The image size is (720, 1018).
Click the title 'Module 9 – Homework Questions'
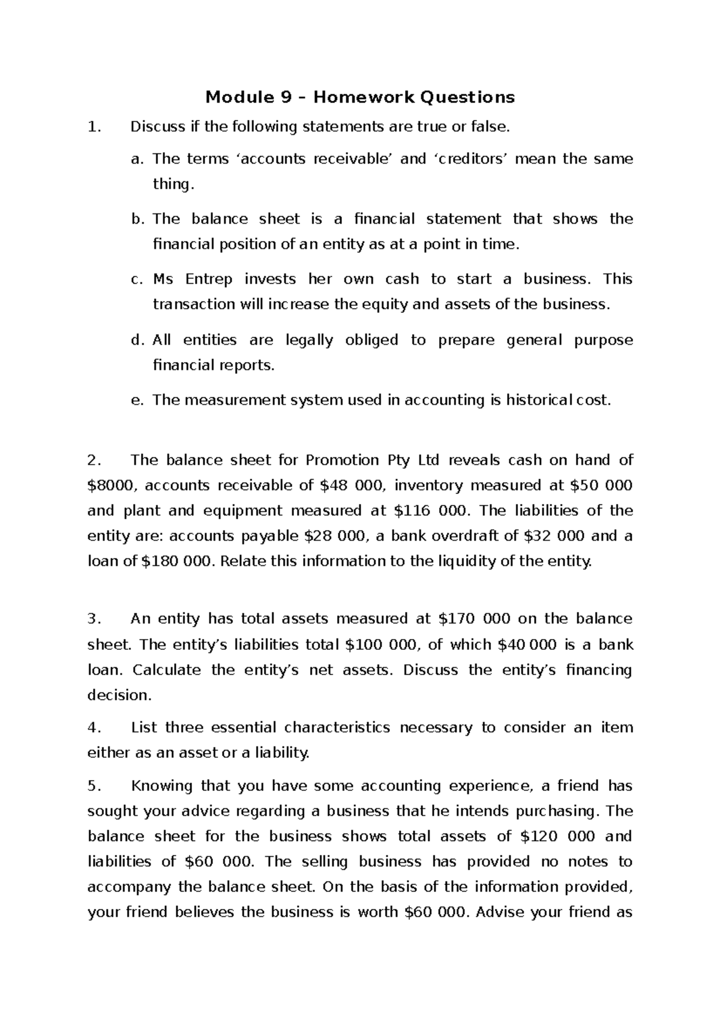tap(360, 97)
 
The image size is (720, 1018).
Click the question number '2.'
tap(93, 460)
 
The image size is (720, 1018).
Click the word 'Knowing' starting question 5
tap(159, 786)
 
